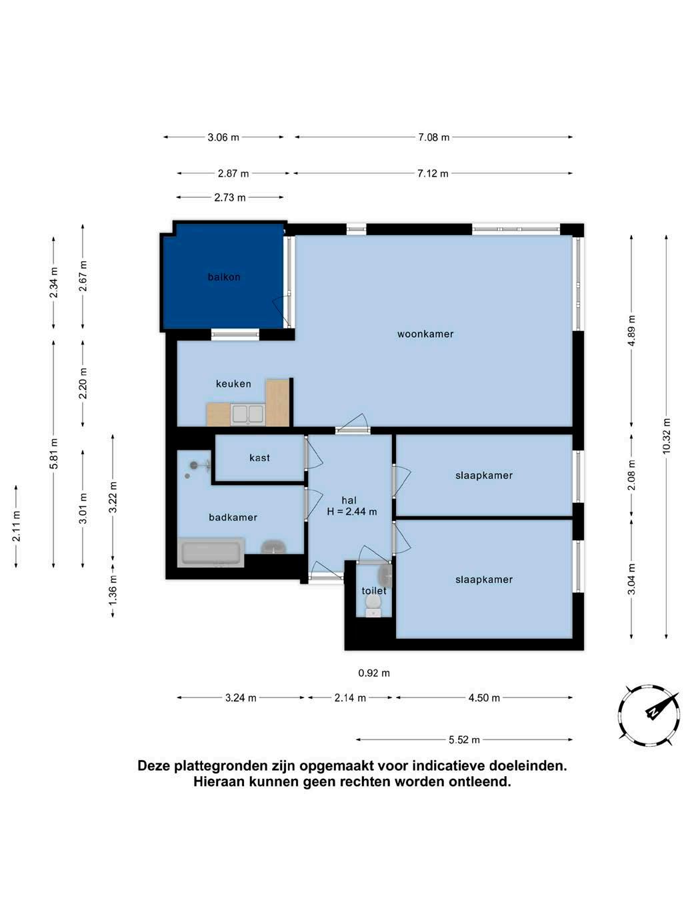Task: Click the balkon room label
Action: [224, 277]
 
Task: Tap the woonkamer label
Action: [425, 334]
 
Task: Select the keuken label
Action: [233, 384]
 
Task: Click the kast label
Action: [259, 458]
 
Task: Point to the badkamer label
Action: [233, 518]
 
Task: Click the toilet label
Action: [374, 591]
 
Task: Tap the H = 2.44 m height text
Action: [352, 512]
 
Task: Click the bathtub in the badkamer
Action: [211, 552]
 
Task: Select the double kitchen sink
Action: [248, 414]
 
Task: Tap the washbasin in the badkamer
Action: [274, 547]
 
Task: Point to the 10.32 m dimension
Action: [666, 436]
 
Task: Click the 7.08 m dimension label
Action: [433, 137]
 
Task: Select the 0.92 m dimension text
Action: [374, 674]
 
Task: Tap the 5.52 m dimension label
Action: [464, 740]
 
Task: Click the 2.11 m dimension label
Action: [16, 526]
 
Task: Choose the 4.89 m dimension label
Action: [631, 330]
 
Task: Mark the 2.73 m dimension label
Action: [230, 197]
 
